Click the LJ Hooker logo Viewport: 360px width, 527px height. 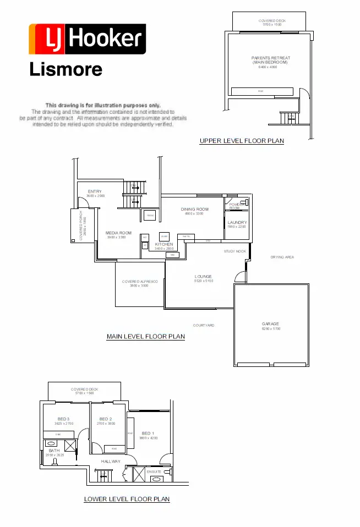[x=87, y=39]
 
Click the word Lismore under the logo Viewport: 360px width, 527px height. [x=65, y=69]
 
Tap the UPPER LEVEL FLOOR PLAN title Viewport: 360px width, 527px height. [x=242, y=141]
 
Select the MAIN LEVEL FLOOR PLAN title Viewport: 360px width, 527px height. [x=145, y=336]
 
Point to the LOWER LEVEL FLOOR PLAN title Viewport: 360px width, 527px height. [x=127, y=499]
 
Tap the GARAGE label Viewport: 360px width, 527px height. [x=270, y=324]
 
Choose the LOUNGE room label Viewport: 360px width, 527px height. [x=203, y=276]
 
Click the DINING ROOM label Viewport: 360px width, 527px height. [x=195, y=209]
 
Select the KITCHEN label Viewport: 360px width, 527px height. [x=164, y=244]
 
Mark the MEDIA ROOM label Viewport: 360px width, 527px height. [x=119, y=233]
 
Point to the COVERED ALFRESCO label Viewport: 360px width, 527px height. [x=140, y=282]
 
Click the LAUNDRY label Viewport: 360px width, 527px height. [x=237, y=222]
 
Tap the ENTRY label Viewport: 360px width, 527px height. [x=95, y=191]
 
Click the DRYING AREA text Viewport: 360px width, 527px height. [x=282, y=257]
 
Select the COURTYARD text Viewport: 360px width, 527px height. [x=204, y=325]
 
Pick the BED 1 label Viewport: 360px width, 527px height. [x=148, y=433]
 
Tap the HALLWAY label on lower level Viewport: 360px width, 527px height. [x=111, y=461]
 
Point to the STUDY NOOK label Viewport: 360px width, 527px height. [x=234, y=251]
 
